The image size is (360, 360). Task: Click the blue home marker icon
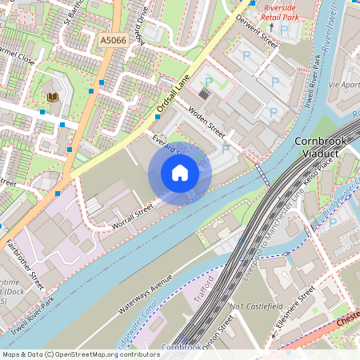click(180, 172)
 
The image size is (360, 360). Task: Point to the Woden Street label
click(206, 121)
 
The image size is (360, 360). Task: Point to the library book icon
click(53, 98)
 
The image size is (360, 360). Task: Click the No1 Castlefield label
click(257, 306)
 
